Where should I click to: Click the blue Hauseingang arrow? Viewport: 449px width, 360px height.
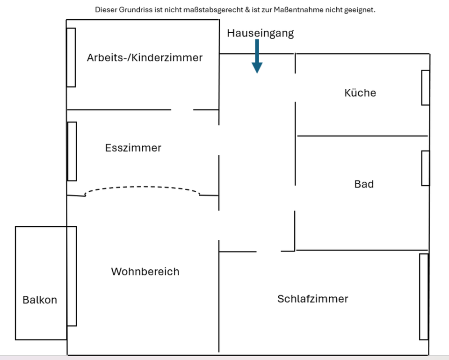tap(257, 57)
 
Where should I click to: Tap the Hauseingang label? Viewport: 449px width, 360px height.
tap(261, 33)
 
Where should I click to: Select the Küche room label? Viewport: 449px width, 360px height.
tap(360, 93)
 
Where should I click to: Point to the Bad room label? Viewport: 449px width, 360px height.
tap(364, 184)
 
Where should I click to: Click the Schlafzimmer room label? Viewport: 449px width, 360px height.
tap(313, 299)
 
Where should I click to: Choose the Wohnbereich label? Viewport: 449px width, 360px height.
tap(145, 271)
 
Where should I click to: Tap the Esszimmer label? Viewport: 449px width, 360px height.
tap(133, 148)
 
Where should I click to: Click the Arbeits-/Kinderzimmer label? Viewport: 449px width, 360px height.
tap(145, 58)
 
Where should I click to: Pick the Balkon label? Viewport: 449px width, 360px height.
tap(40, 300)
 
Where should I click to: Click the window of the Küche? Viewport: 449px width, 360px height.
tap(426, 87)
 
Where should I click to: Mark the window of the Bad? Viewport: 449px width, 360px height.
tap(426, 168)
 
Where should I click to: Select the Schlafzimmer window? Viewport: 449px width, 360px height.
tap(424, 296)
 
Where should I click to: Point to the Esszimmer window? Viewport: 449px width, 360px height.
tap(72, 151)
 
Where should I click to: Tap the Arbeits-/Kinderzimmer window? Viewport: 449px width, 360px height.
tap(71, 57)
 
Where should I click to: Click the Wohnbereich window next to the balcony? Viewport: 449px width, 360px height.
tap(72, 276)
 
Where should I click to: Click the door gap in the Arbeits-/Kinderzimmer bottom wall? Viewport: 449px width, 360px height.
tap(182, 110)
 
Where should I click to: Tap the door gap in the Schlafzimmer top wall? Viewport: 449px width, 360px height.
tap(268, 252)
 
